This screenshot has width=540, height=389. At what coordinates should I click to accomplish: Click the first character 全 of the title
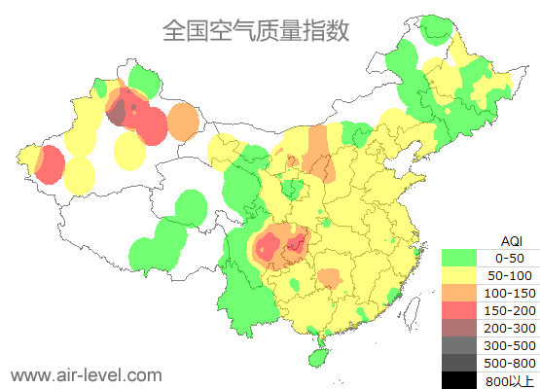pyautogui.click(x=174, y=30)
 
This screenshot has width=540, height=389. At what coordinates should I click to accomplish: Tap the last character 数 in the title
pyautogui.click(x=337, y=30)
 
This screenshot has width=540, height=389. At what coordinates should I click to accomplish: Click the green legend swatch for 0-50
pyautogui.click(x=459, y=258)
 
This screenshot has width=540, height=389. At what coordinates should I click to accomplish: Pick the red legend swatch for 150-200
pyautogui.click(x=459, y=309)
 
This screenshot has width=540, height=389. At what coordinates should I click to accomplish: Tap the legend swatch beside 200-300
pyautogui.click(x=459, y=327)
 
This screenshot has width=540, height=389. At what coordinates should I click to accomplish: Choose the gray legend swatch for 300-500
pyautogui.click(x=459, y=344)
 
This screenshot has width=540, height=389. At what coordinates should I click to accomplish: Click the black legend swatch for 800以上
pyautogui.click(x=459, y=379)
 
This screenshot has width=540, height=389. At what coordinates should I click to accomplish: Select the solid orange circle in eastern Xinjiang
pyautogui.click(x=183, y=123)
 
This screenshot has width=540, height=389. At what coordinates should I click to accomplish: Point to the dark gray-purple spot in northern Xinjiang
pyautogui.click(x=117, y=114)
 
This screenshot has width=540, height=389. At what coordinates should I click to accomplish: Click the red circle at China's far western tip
pyautogui.click(x=47, y=164)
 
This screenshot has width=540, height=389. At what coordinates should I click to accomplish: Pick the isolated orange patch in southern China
pyautogui.click(x=330, y=279)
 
